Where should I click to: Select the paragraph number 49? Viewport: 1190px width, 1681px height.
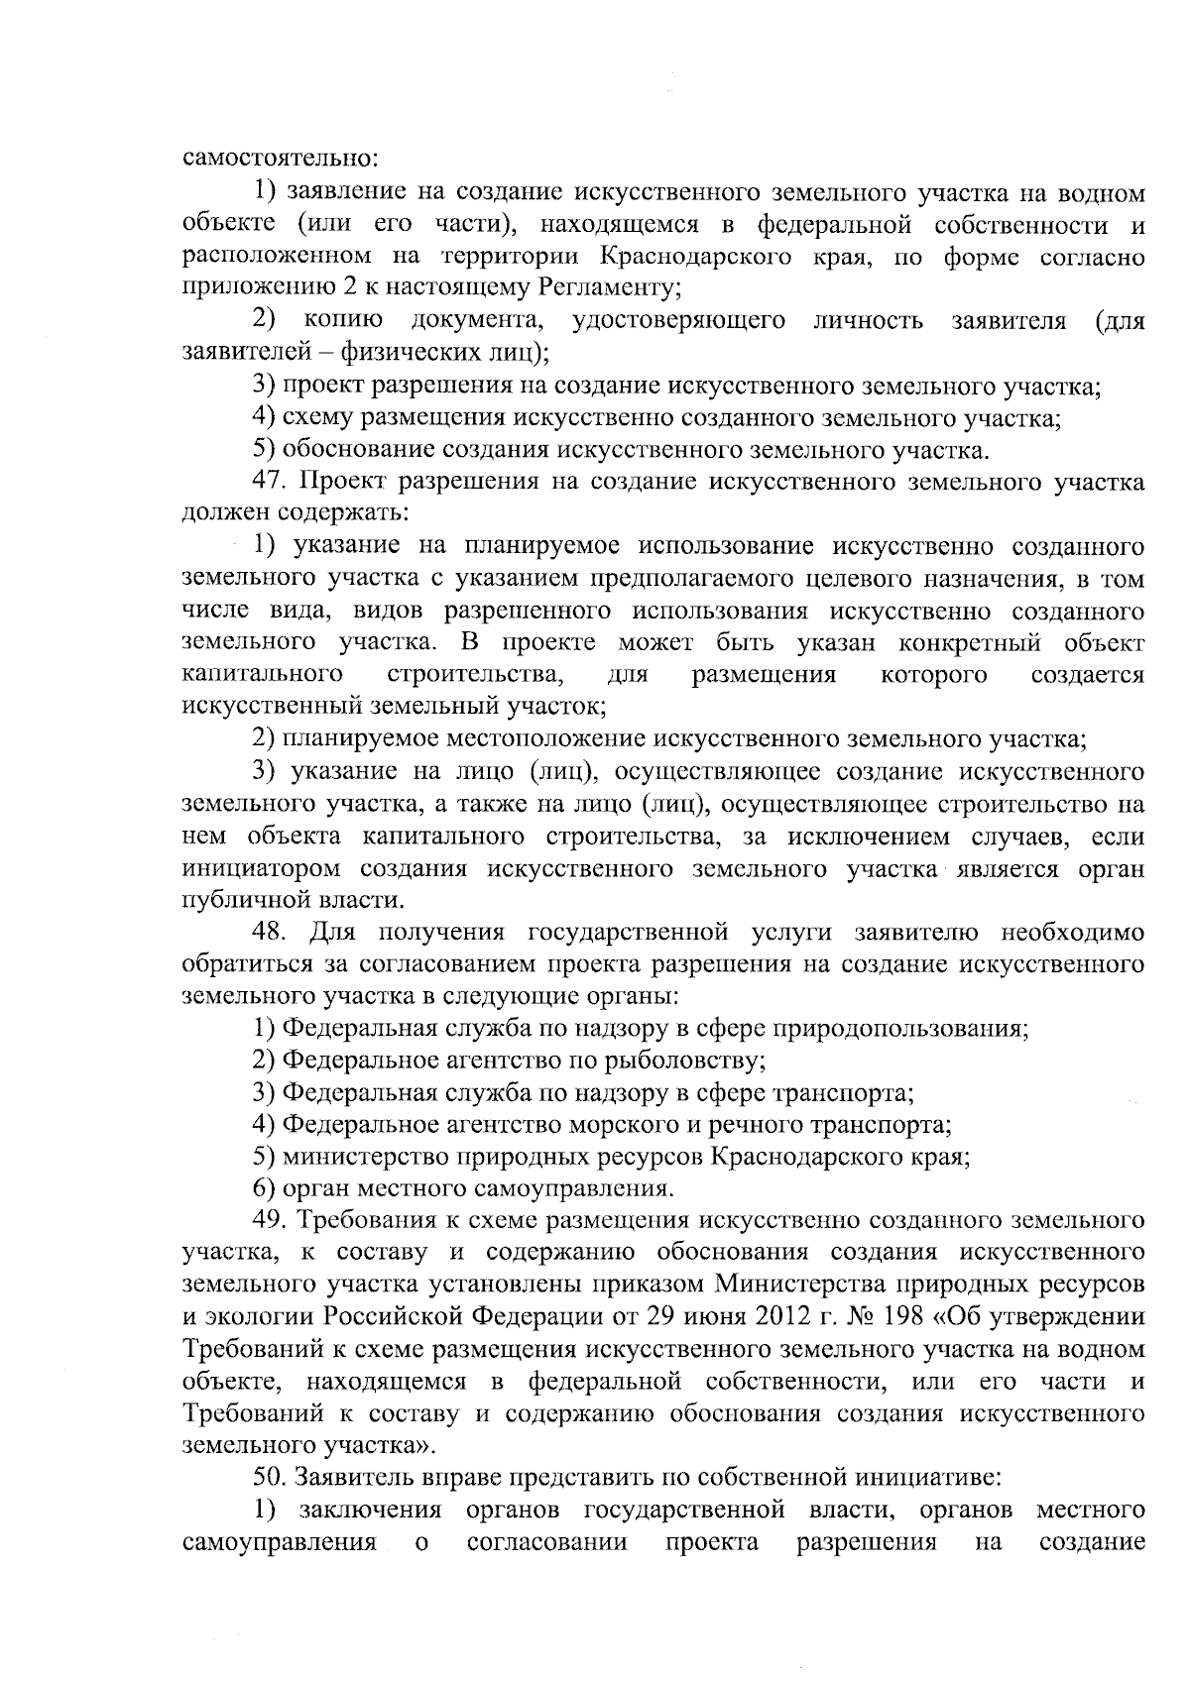point(270,1220)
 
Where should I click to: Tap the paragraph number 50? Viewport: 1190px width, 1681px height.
point(270,1477)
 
